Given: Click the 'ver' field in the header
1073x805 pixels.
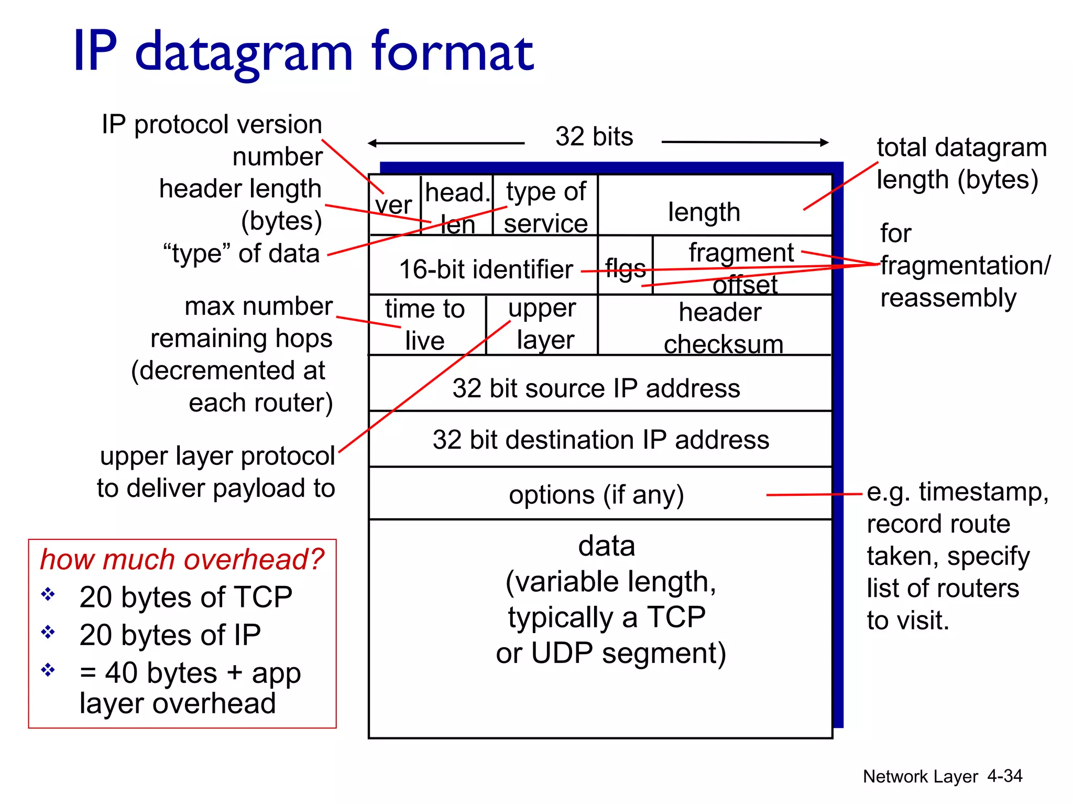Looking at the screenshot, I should pyautogui.click(x=394, y=205).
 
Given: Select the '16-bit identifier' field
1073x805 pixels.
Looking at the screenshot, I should pyautogui.click(x=486, y=269).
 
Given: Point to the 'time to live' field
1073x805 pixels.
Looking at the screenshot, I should pyautogui.click(x=425, y=325).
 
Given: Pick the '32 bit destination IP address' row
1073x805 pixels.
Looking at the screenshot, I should pyautogui.click(x=601, y=439).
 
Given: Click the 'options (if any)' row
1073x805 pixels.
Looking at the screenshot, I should pyautogui.click(x=596, y=495).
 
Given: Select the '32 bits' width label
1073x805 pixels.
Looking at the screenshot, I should pyautogui.click(x=594, y=137).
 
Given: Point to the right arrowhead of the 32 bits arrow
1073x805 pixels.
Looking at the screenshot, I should pyautogui.click(x=824, y=142).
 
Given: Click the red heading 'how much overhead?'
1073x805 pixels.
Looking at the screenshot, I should pyautogui.click(x=182, y=559).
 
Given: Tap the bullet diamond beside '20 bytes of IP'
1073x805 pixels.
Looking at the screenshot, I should pyautogui.click(x=48, y=632).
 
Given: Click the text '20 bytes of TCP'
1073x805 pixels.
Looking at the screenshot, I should pyautogui.click(x=185, y=597).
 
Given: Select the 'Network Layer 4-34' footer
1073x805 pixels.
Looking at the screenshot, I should pyautogui.click(x=942, y=776).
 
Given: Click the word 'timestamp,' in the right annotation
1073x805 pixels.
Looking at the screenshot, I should pyautogui.click(x=983, y=492).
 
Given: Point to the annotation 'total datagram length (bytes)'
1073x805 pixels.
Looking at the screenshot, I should pyautogui.click(x=961, y=164).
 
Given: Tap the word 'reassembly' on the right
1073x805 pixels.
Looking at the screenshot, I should pyautogui.click(x=948, y=298).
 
